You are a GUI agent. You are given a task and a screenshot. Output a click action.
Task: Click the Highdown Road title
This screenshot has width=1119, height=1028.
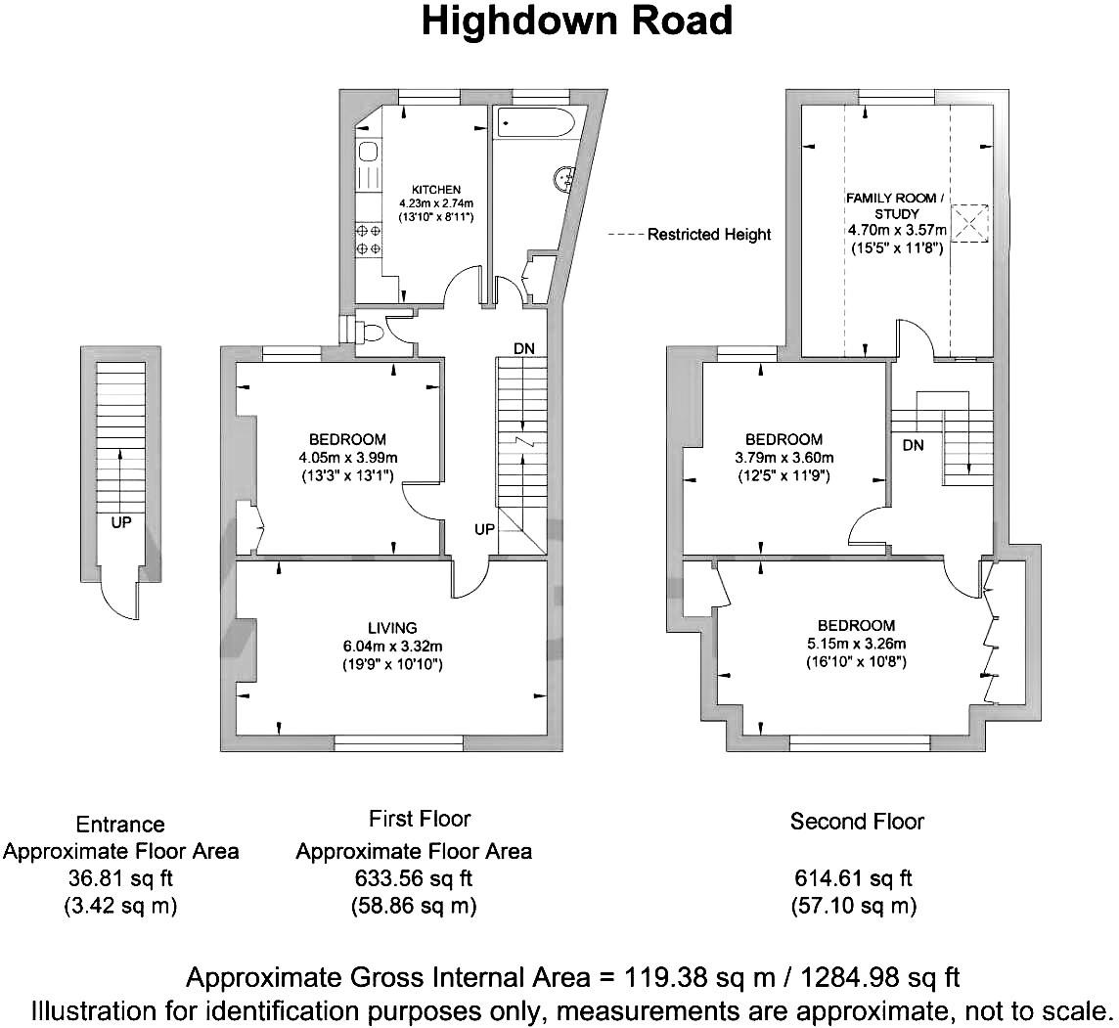(577, 22)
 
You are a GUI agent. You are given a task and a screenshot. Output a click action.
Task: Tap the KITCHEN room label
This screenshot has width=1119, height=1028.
(436, 190)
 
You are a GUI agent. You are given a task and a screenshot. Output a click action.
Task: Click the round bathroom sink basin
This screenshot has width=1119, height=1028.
(564, 177)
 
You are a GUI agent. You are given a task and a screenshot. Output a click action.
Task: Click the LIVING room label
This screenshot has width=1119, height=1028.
(392, 628)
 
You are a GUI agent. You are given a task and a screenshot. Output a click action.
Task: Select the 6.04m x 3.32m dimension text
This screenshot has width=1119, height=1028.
(392, 647)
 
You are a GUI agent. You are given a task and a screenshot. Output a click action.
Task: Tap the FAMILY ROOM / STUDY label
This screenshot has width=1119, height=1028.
(896, 205)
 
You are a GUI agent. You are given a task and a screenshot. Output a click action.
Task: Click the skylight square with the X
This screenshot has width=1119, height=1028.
(970, 223)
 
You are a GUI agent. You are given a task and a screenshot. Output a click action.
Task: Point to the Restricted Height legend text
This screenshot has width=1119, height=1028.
(708, 234)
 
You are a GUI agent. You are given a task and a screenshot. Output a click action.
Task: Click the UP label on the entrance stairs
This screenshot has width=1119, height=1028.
(120, 523)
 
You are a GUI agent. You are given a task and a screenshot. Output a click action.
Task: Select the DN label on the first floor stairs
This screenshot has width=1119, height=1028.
(524, 349)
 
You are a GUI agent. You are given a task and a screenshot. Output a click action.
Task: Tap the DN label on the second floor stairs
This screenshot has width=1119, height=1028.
(913, 445)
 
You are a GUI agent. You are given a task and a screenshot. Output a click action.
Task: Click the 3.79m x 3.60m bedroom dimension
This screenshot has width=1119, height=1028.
(783, 458)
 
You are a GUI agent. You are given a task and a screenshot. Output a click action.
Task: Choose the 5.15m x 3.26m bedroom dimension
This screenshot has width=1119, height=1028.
(857, 644)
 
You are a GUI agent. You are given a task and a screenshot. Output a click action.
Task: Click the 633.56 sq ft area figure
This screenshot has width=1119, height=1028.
(414, 878)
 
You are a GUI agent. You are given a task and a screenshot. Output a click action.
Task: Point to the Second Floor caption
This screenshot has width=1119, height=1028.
(857, 822)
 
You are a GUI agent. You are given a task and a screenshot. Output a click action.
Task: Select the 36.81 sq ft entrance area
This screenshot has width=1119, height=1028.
(120, 878)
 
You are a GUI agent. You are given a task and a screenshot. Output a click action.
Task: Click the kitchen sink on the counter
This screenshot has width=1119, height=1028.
(369, 152)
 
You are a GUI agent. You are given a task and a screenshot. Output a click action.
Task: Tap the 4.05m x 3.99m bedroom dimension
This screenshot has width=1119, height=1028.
(348, 458)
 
